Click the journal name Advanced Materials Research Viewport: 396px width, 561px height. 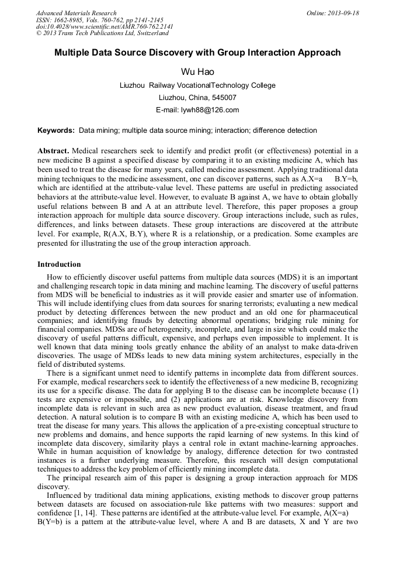point(76,13)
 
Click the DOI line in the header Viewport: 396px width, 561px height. point(105,26)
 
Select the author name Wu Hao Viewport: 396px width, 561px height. point(197,72)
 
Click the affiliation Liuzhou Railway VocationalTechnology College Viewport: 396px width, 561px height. point(197,85)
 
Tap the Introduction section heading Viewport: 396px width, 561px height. point(59,264)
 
